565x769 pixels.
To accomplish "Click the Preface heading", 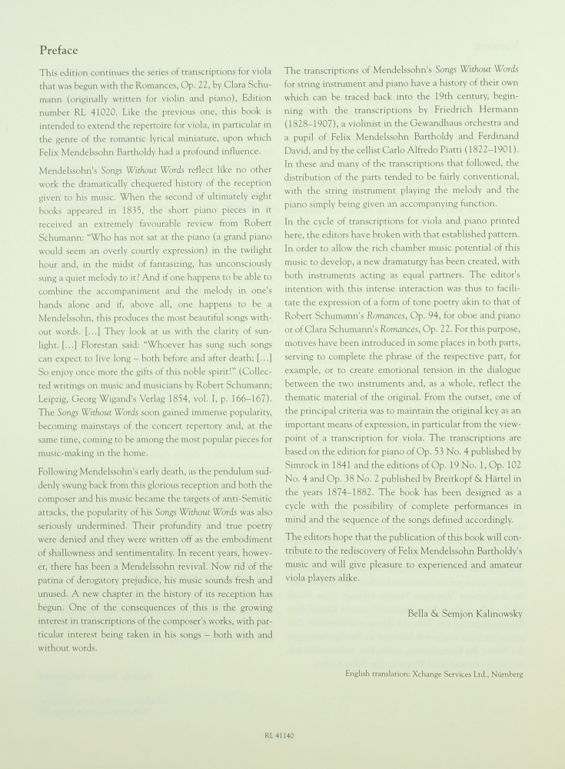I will coord(58,51).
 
